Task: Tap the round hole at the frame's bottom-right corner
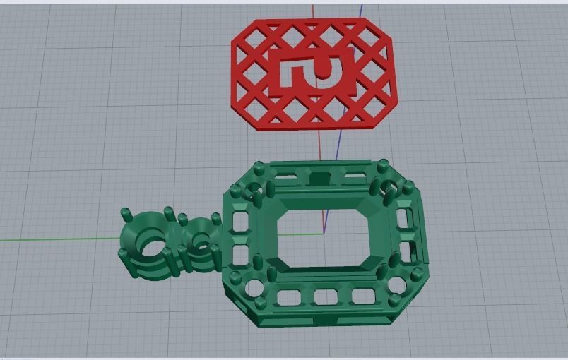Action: click(x=396, y=285)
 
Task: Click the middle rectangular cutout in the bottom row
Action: click(x=326, y=296)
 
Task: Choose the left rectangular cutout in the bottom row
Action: click(x=288, y=298)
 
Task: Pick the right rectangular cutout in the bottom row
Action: click(x=362, y=295)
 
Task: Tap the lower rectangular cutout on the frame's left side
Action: click(x=239, y=253)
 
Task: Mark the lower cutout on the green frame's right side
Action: click(x=408, y=251)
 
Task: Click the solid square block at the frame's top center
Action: click(x=320, y=178)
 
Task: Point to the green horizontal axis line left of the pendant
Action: click(x=57, y=239)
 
